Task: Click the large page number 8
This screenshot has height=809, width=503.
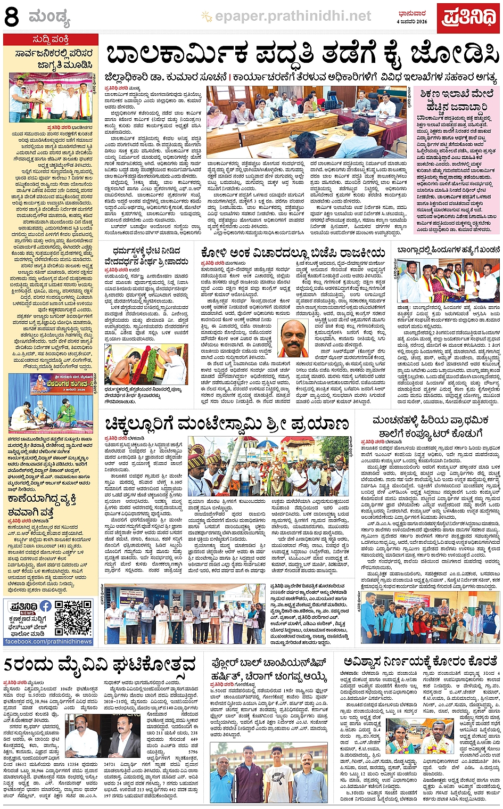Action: pyautogui.click(x=11, y=17)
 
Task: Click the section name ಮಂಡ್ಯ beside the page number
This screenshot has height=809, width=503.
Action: pyautogui.click(x=50, y=19)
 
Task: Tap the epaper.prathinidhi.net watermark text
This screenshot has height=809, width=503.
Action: pyautogui.click(x=293, y=17)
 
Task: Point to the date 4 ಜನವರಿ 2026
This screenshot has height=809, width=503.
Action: pyautogui.click(x=412, y=22)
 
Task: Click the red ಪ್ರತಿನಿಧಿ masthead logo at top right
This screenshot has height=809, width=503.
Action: pyautogui.click(x=468, y=18)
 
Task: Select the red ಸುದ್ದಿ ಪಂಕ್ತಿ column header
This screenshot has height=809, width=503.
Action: pyautogui.click(x=50, y=40)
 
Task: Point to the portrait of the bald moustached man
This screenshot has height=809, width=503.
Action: pyautogui.click(x=293, y=338)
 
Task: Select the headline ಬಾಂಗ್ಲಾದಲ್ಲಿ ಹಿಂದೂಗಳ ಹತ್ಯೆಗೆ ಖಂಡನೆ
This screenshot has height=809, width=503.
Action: pyautogui.click(x=448, y=249)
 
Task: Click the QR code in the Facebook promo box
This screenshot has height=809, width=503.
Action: pyautogui.click(x=73, y=617)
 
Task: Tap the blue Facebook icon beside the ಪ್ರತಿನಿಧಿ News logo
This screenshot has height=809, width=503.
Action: pyautogui.click(x=46, y=606)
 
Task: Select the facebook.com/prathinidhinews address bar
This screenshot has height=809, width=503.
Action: pyautogui.click(x=48, y=641)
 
